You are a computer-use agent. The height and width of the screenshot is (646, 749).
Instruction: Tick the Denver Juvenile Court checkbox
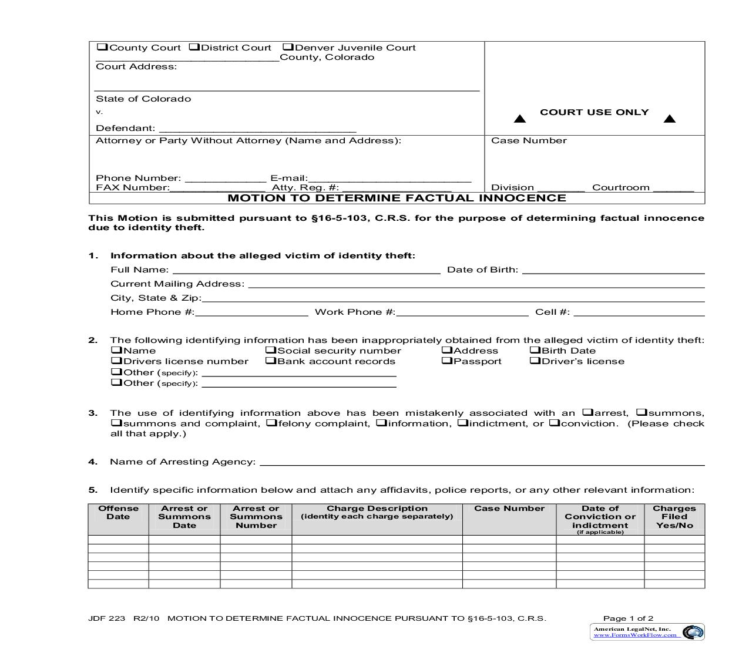tap(288, 48)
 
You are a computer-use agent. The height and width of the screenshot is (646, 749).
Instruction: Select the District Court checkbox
tap(194, 48)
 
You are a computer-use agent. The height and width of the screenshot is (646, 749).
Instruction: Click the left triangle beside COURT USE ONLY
tap(519, 119)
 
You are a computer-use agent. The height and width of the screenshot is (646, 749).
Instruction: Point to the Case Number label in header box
tap(529, 141)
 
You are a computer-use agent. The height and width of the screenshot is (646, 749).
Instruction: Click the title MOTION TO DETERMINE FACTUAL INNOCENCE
tap(397, 198)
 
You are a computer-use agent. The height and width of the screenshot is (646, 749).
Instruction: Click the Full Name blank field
tap(305, 270)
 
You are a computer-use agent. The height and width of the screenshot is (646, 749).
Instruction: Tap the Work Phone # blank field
tap(462, 312)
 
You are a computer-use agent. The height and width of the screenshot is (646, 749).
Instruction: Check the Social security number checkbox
tap(270, 351)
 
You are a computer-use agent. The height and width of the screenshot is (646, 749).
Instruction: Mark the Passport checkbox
tap(446, 361)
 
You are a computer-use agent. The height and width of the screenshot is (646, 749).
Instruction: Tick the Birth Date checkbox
tap(535, 351)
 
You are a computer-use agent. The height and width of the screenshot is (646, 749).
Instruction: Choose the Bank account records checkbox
tap(270, 361)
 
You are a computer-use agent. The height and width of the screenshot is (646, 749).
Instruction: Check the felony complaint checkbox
tap(271, 423)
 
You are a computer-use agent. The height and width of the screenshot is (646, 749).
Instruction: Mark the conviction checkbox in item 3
tap(554, 423)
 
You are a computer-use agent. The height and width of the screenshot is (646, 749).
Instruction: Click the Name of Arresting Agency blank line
tap(482, 462)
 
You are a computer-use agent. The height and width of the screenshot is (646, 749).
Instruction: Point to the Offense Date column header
tap(118, 513)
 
